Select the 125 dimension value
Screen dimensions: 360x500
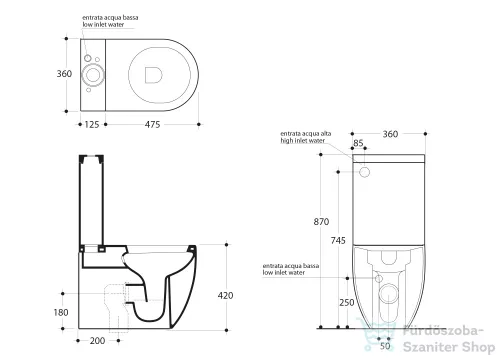pyautogui.click(x=90, y=123)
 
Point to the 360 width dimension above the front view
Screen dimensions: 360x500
pyautogui.click(x=390, y=134)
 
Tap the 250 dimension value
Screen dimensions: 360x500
pyautogui.click(x=346, y=303)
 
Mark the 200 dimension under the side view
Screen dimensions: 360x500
pyautogui.click(x=97, y=341)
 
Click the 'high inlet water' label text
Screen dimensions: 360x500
pyautogui.click(x=303, y=142)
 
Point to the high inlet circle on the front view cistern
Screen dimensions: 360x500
pyautogui.click(x=366, y=172)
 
